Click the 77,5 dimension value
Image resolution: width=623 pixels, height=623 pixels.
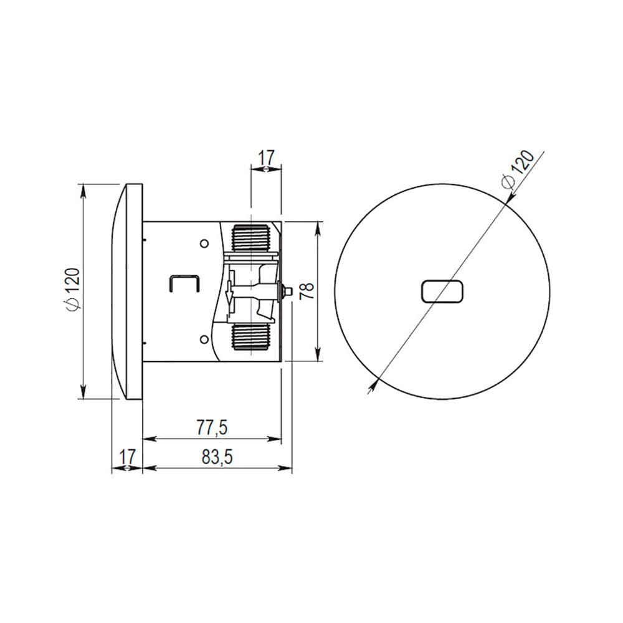point(212,428)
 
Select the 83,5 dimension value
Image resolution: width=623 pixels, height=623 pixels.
point(217,457)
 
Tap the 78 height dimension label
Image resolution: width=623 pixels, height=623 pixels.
point(308,291)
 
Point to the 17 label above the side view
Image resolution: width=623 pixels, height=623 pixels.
point(267,158)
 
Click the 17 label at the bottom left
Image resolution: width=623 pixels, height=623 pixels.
point(128,457)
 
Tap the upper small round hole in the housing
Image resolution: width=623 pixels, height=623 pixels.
point(204,243)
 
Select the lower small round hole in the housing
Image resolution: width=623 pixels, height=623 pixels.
point(204,339)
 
